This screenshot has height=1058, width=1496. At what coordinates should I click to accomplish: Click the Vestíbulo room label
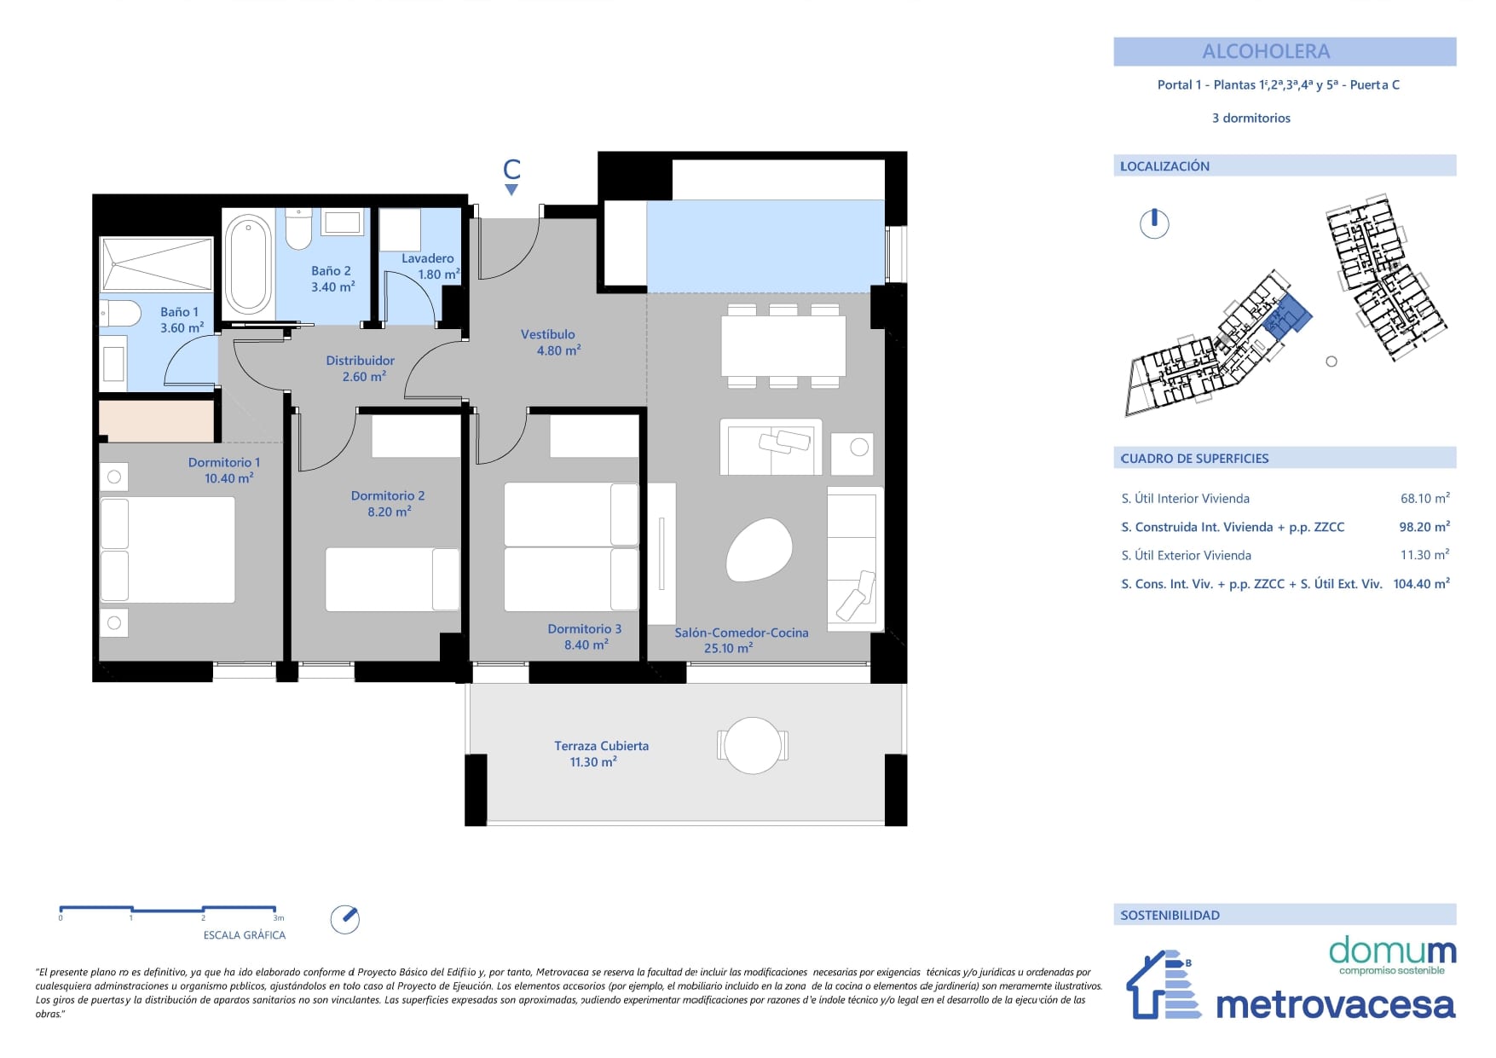pyautogui.click(x=548, y=334)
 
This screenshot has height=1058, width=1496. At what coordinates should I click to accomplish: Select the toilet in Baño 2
pyautogui.click(x=298, y=228)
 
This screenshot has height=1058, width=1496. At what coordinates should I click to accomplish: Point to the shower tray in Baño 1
pyautogui.click(x=157, y=264)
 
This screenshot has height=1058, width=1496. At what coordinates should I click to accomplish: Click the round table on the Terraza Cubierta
pyautogui.click(x=753, y=745)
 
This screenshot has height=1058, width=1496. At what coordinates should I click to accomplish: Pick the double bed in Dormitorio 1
pyautogui.click(x=168, y=550)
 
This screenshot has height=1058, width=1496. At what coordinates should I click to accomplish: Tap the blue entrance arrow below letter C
pyautogui.click(x=511, y=190)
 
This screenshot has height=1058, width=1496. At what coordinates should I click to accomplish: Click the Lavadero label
pyautogui.click(x=428, y=258)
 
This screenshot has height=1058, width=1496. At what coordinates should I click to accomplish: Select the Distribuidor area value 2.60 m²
pyautogui.click(x=364, y=376)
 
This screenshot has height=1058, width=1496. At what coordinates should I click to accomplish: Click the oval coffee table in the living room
pyautogui.click(x=759, y=550)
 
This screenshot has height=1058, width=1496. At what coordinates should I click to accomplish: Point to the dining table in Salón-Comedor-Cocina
pyautogui.click(x=783, y=346)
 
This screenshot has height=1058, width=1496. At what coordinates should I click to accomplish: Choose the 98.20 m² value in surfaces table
pyautogui.click(x=1424, y=527)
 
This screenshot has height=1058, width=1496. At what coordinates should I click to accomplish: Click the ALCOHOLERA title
pyautogui.click(x=1266, y=51)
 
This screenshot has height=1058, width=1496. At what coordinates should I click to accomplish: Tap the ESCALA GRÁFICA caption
pyautogui.click(x=245, y=935)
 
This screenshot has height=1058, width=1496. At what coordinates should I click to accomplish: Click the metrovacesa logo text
pyautogui.click(x=1336, y=1005)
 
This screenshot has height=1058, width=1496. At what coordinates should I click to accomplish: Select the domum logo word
pyautogui.click(x=1392, y=950)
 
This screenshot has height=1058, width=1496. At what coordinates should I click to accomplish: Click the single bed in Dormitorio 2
pyautogui.click(x=393, y=580)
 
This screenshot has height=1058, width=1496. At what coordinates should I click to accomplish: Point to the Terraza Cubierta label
pyautogui.click(x=601, y=746)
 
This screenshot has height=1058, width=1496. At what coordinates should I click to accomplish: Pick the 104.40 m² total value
pyautogui.click(x=1421, y=584)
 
